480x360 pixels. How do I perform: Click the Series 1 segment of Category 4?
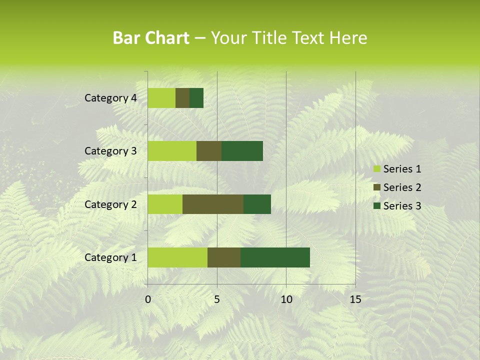(x=161, y=98)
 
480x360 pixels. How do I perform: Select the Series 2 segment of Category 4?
(x=182, y=98)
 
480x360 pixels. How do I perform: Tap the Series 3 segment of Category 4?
(x=196, y=98)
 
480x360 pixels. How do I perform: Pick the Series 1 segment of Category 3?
(x=172, y=151)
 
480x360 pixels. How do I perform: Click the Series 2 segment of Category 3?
(x=209, y=151)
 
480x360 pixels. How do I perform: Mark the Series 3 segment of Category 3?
(x=242, y=151)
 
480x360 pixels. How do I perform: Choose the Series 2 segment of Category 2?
(x=213, y=204)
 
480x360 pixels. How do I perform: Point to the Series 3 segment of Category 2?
(x=257, y=204)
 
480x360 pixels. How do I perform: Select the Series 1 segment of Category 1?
(x=177, y=257)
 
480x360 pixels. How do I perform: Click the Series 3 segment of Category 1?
(x=275, y=257)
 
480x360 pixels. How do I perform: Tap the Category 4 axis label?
(x=110, y=98)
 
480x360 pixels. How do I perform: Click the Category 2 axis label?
(x=110, y=204)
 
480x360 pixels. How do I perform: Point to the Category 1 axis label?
(x=110, y=257)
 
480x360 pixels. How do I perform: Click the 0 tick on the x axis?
(x=148, y=299)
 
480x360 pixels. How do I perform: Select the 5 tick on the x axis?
(x=217, y=299)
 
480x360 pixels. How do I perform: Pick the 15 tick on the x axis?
(x=355, y=299)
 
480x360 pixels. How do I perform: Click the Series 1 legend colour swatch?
(x=376, y=169)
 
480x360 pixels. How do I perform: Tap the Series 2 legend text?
(x=402, y=187)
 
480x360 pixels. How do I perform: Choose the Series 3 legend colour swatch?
(x=376, y=206)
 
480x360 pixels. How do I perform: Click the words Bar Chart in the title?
(x=151, y=37)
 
